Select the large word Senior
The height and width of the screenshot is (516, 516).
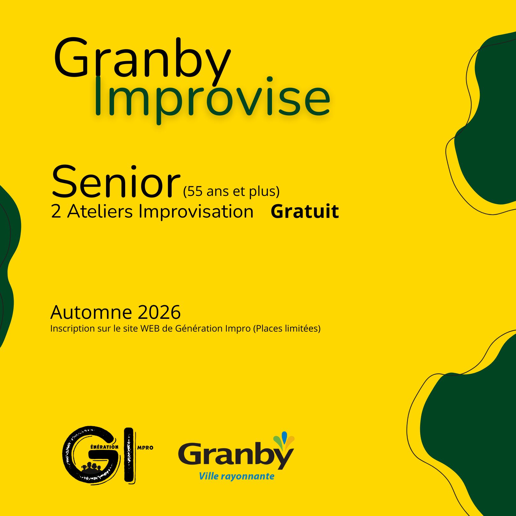tap(115, 182)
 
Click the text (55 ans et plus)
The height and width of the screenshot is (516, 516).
tap(231, 191)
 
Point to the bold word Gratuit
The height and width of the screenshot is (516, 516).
tap(305, 211)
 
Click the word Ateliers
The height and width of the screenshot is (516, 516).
tap(100, 211)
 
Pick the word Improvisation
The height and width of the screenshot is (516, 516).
tap(196, 211)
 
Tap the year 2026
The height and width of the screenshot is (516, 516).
tap(159, 312)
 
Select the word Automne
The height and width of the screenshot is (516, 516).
tap(91, 312)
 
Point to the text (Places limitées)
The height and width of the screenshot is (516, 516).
tap(287, 328)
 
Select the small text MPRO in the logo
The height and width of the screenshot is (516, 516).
tap(145, 448)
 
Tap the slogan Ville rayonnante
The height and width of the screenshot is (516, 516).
tap(237, 476)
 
